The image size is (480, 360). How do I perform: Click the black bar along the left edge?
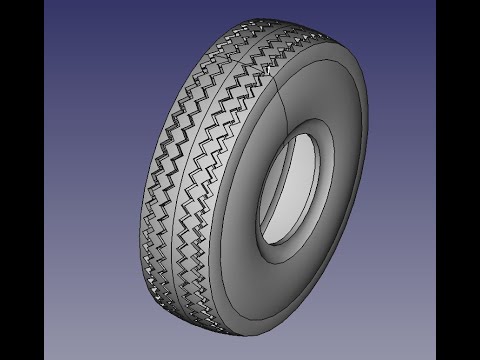click(21, 180)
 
